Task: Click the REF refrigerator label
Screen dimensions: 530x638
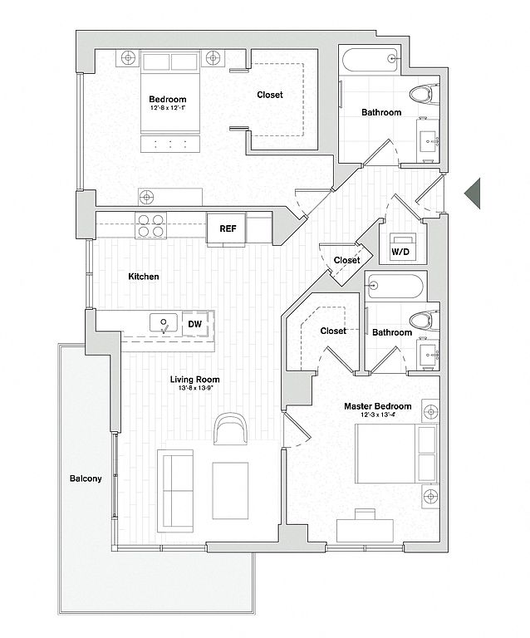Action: [228, 228]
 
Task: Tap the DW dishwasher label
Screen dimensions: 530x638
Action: [195, 324]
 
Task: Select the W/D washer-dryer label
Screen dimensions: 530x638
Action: [400, 252]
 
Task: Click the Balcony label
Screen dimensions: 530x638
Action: [86, 478]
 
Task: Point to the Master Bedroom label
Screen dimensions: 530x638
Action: [377, 406]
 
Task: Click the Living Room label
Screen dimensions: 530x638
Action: [194, 380]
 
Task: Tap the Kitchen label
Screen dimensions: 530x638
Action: [144, 277]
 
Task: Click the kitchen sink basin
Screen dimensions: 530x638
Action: [164, 322]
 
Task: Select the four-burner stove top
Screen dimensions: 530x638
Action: [151, 225]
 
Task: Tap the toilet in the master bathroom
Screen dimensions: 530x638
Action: [424, 321]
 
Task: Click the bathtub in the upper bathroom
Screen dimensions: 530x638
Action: [370, 60]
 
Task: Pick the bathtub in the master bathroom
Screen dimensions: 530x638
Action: [395, 286]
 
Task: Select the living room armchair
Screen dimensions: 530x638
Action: [231, 429]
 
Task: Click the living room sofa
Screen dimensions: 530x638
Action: [175, 491]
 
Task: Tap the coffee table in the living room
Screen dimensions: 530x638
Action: [230, 491]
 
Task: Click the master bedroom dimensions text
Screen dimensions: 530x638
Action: [378, 415]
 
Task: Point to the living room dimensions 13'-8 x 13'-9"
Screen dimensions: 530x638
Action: [196, 388]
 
